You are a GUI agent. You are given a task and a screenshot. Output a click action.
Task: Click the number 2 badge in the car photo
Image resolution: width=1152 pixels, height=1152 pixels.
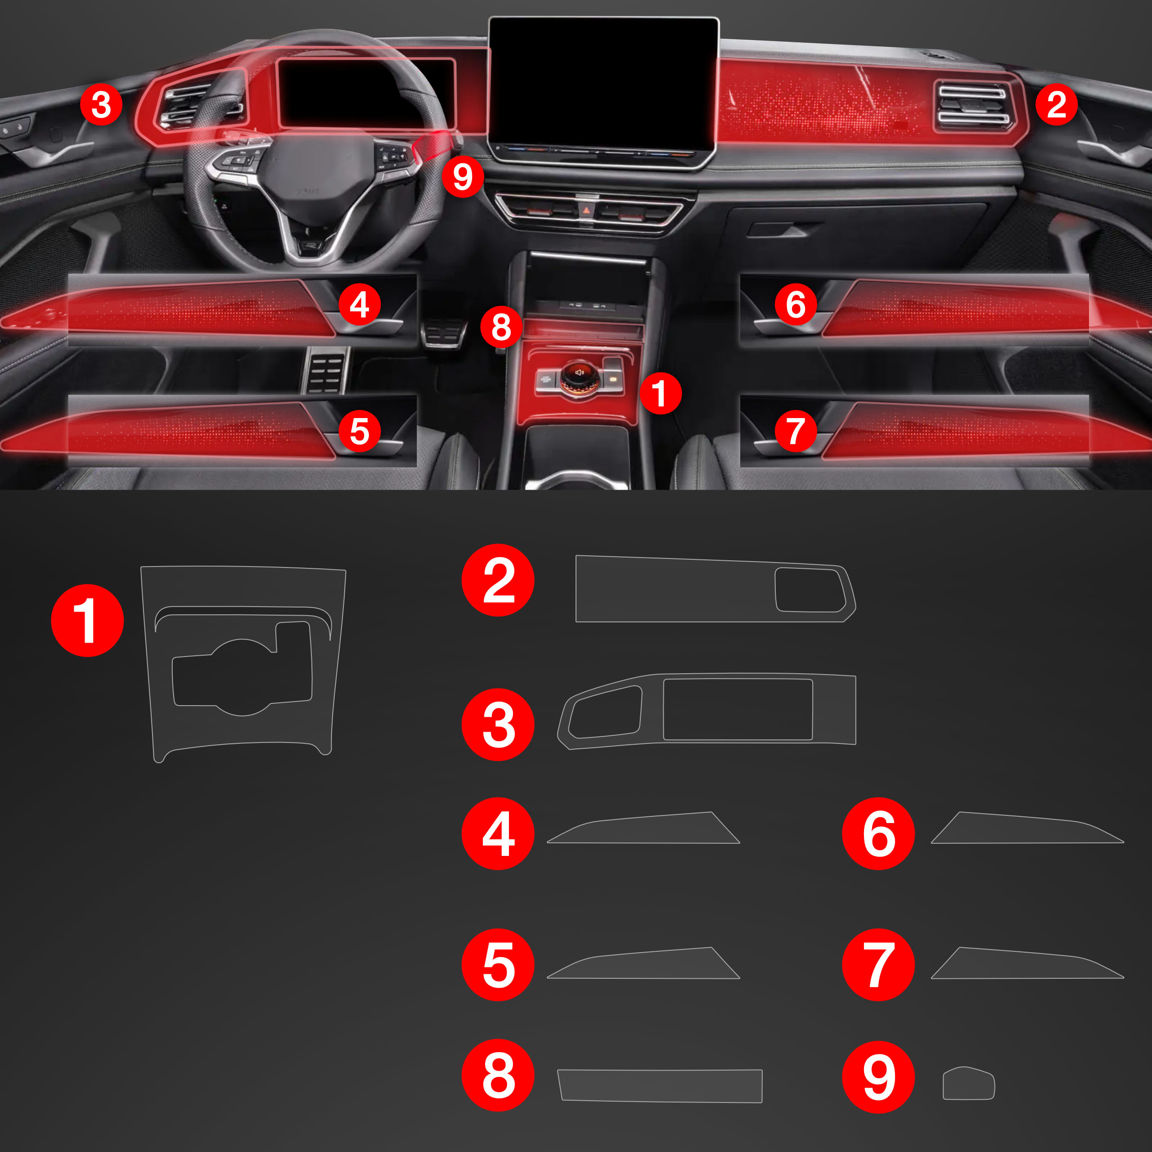point(1057,104)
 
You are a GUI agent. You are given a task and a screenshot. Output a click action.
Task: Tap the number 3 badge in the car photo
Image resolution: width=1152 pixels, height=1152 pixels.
point(101,104)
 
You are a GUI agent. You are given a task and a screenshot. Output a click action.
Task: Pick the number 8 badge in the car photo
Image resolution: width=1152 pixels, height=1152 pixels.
point(501,327)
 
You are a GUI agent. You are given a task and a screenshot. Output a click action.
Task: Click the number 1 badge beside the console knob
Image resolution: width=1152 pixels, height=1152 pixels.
point(660,394)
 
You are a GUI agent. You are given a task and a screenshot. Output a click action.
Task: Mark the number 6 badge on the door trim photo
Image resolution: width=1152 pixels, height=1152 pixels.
point(796,304)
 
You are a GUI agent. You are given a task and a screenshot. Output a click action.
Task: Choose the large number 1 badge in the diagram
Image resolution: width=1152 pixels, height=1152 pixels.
point(88,620)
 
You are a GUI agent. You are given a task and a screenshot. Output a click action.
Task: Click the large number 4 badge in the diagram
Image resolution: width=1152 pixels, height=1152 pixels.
point(498,833)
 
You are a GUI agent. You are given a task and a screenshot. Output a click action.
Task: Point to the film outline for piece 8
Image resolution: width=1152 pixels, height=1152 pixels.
point(660,1085)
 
